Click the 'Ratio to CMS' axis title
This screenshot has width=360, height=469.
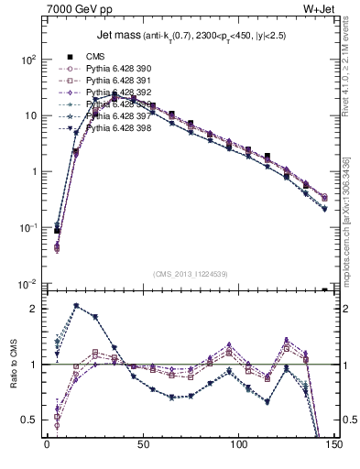[13, 365]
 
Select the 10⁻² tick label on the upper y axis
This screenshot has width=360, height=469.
[27, 285]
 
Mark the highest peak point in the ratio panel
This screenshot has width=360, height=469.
[76, 306]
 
